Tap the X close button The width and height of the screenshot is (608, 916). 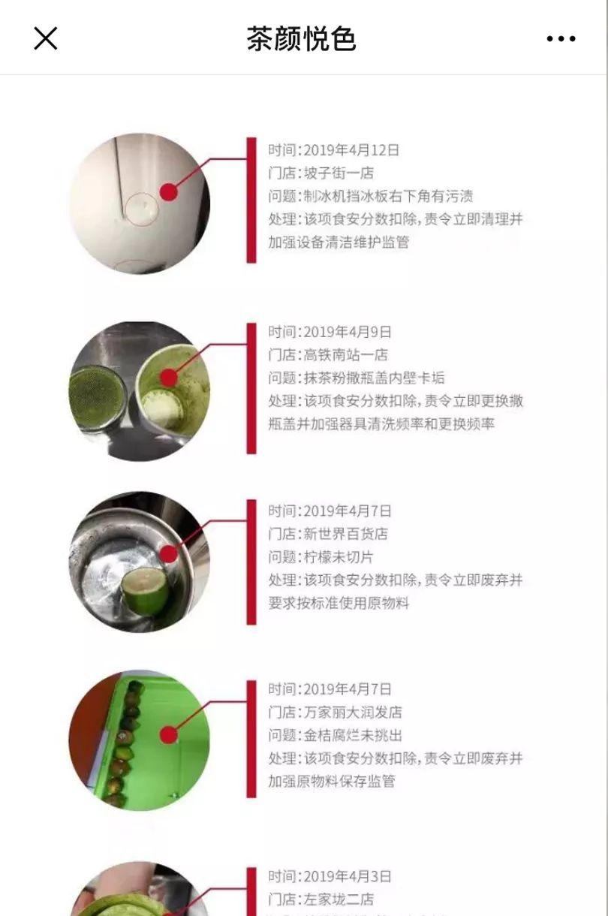click(45, 38)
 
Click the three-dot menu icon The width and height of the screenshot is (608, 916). click(561, 39)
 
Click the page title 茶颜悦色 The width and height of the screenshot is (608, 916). click(301, 39)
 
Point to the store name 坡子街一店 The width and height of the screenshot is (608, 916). click(339, 173)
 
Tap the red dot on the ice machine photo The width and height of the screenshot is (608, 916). click(168, 192)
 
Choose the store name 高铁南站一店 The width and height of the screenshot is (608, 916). click(345, 354)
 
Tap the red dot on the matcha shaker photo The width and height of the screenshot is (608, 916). click(168, 378)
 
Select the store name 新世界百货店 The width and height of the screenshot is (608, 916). click(345, 534)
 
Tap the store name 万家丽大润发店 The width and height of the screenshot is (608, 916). click(353, 712)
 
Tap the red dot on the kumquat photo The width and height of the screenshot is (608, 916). click(168, 736)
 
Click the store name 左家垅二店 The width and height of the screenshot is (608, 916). click(339, 899)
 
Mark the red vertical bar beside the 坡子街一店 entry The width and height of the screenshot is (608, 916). click(251, 200)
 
